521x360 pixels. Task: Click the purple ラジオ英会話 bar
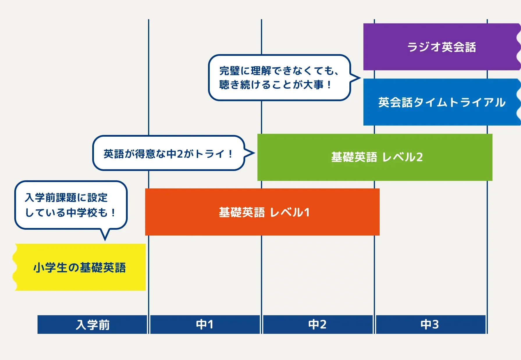point(441,47)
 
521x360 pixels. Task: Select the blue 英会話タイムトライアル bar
point(441,102)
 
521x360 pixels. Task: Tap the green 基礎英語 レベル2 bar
point(375,157)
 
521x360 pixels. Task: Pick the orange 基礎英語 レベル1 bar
point(262,212)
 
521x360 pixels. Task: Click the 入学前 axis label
point(92,325)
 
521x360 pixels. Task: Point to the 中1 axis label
point(205,325)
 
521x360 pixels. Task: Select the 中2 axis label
point(317,325)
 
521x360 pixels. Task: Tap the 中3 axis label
point(430,325)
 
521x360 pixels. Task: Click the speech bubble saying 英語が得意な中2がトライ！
point(168,153)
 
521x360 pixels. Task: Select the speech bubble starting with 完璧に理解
point(279,78)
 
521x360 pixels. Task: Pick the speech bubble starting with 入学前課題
point(71,205)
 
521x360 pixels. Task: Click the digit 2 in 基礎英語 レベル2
point(419,157)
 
